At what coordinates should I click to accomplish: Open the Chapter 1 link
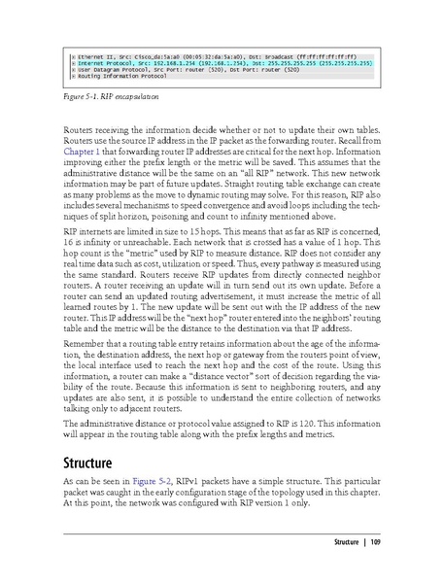click(x=81, y=152)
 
